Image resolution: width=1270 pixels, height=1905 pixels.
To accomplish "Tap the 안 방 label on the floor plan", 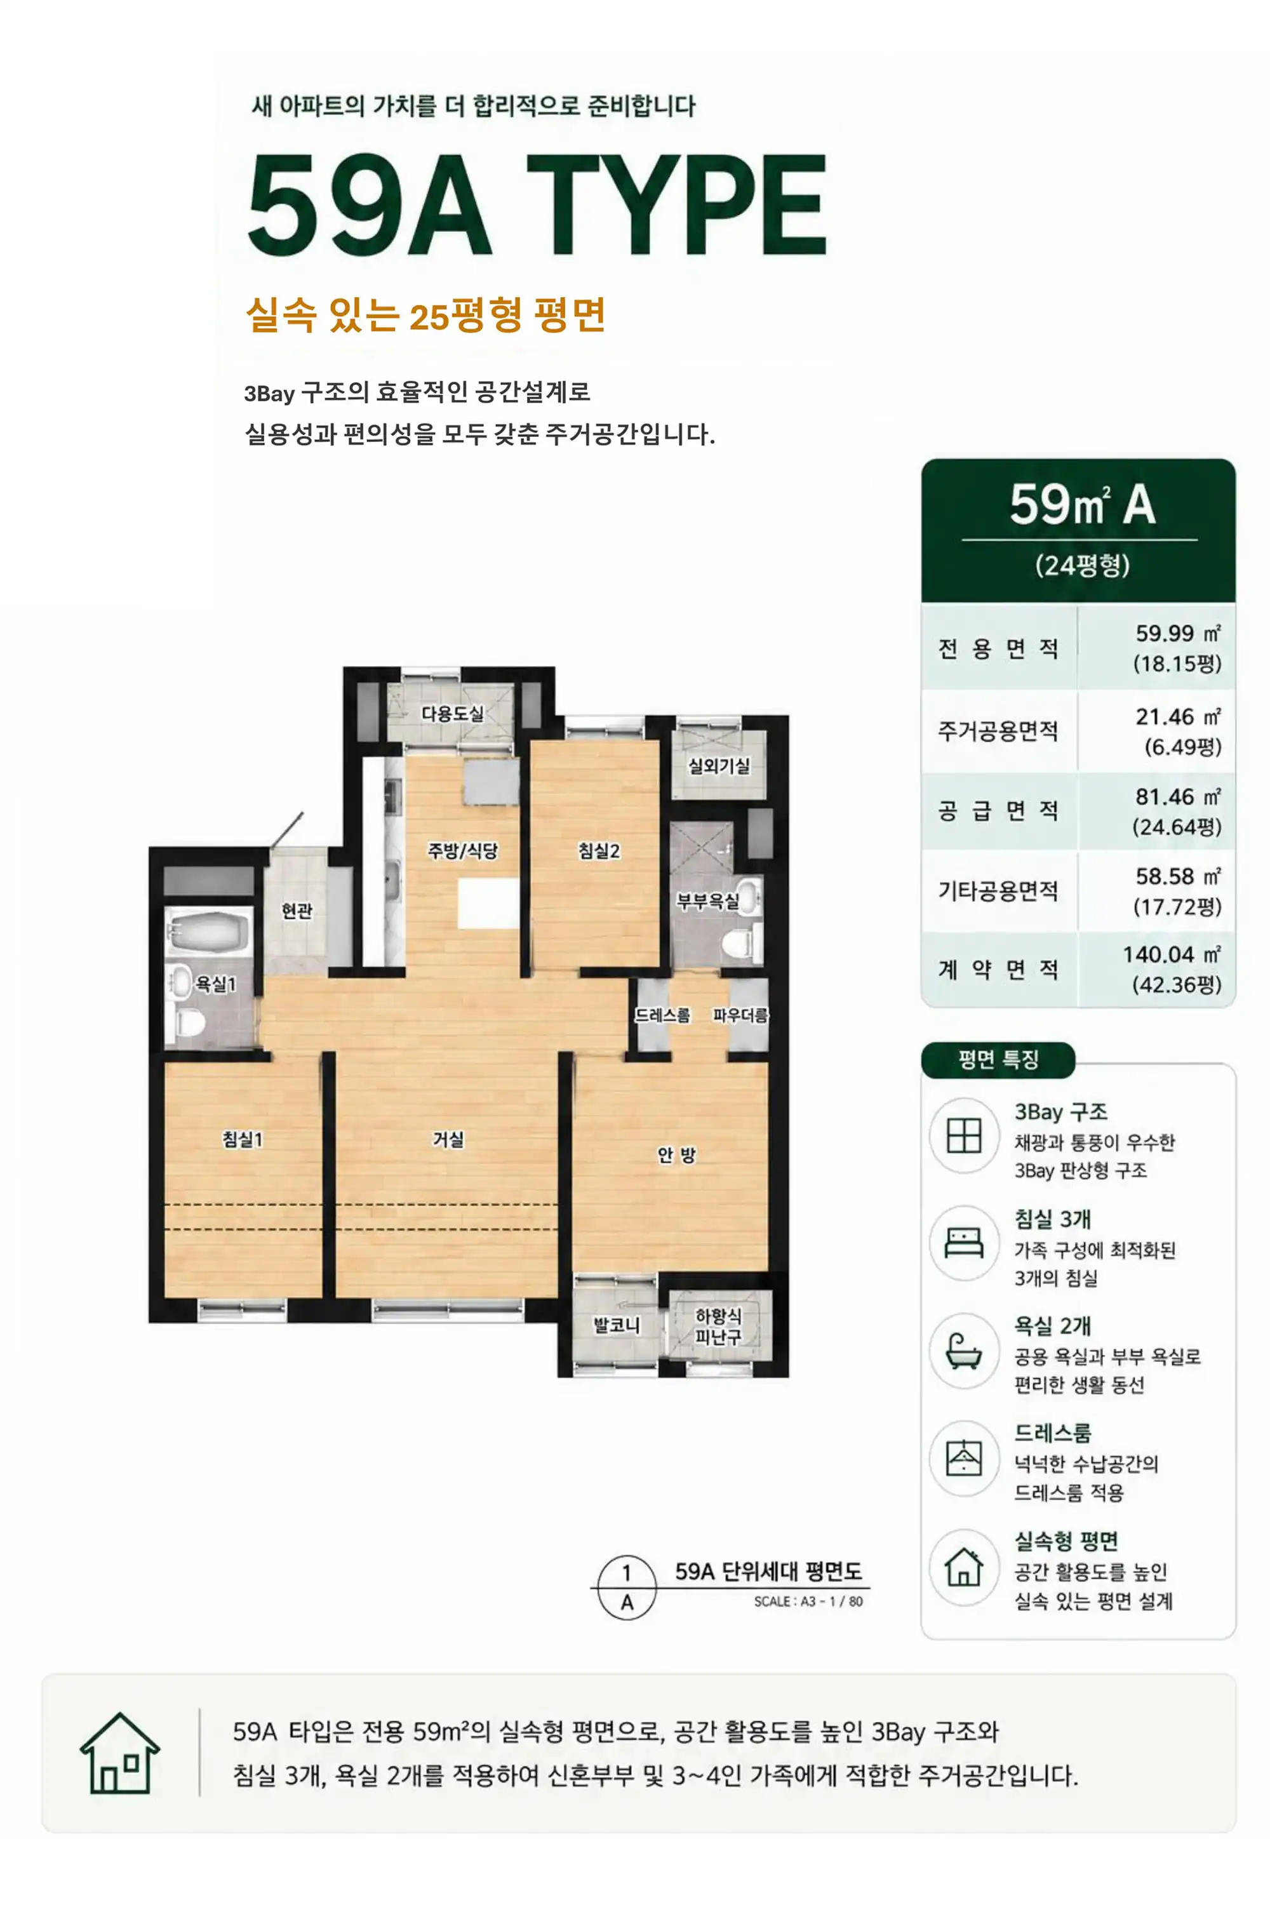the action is pyautogui.click(x=676, y=1155).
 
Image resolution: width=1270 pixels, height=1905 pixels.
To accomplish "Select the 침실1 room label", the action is pyautogui.click(x=243, y=1140).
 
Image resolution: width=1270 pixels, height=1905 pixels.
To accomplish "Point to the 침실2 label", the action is pyautogui.click(x=599, y=850).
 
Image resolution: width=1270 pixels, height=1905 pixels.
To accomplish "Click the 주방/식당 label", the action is pyautogui.click(x=462, y=850).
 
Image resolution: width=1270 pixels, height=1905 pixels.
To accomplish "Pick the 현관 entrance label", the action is pyautogui.click(x=297, y=911).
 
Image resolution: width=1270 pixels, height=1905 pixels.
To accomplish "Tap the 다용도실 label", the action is pyautogui.click(x=453, y=714).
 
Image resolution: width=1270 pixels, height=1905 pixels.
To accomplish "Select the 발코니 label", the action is pyautogui.click(x=617, y=1326).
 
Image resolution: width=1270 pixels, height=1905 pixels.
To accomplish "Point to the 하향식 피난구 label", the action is pyautogui.click(x=718, y=1327).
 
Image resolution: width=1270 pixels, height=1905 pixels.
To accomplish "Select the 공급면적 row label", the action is pyautogui.click(x=998, y=811).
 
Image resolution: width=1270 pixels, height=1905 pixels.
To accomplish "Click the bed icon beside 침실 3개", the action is pyautogui.click(x=964, y=1243).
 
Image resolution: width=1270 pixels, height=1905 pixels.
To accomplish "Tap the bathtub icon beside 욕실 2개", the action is pyautogui.click(x=964, y=1350).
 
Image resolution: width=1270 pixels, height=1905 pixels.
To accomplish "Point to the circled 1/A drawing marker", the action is pyautogui.click(x=626, y=1588).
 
